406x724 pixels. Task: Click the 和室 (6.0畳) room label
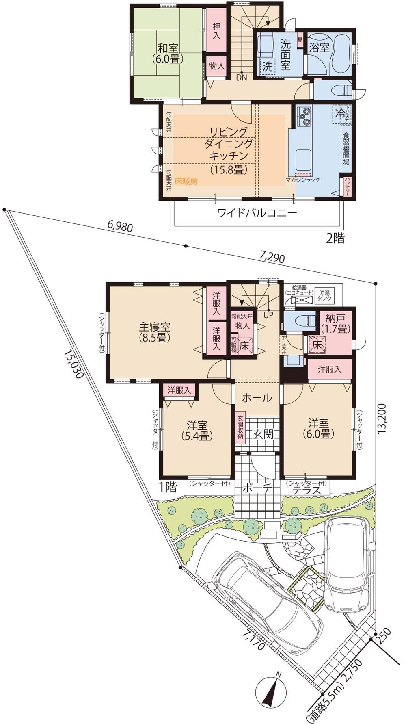coord(167,53)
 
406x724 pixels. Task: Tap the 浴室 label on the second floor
coord(319,48)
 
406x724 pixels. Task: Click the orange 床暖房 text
coord(186,182)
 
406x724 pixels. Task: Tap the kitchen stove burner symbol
coord(305,116)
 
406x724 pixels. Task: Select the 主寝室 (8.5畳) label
coord(155,332)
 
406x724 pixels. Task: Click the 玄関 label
coord(263,434)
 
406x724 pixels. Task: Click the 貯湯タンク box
coord(325,295)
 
